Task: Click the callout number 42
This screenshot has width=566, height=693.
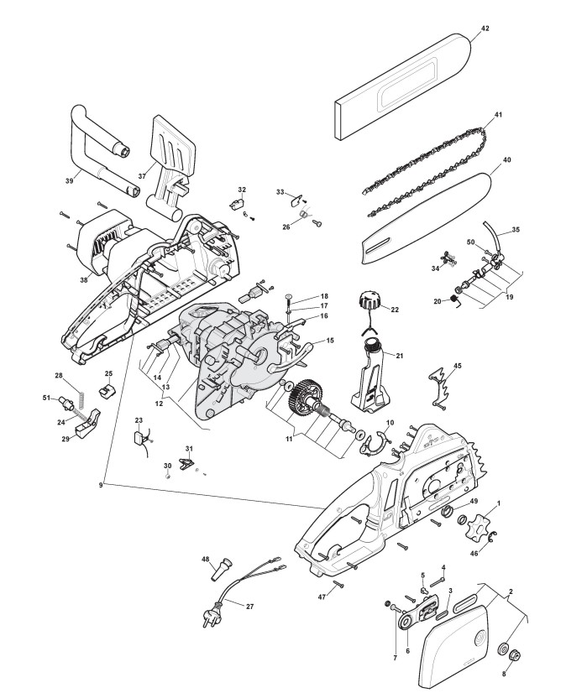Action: point(485,29)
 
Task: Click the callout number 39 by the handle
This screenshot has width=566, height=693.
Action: point(69,179)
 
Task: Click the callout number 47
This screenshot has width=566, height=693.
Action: point(322,596)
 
